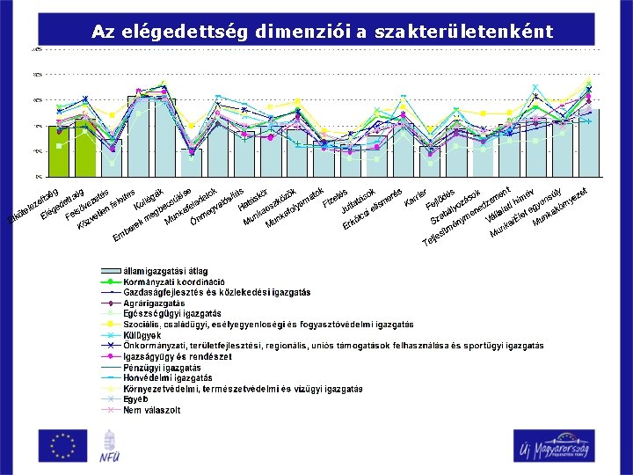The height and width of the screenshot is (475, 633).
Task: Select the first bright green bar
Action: click(58, 151)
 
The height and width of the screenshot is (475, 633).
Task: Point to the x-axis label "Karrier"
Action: click(415, 199)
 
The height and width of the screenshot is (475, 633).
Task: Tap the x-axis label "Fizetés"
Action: click(338, 199)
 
